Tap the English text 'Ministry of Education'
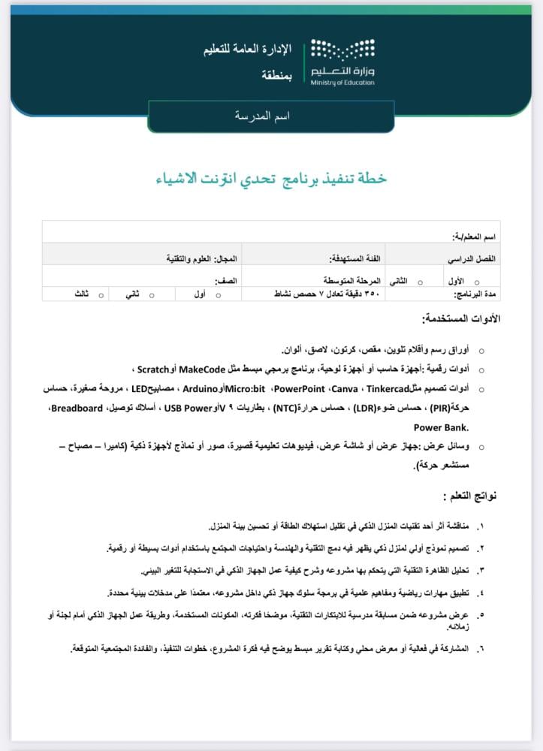tap(342, 83)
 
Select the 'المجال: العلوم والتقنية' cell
tap(202, 258)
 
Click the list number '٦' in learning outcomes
tap(481, 647)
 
